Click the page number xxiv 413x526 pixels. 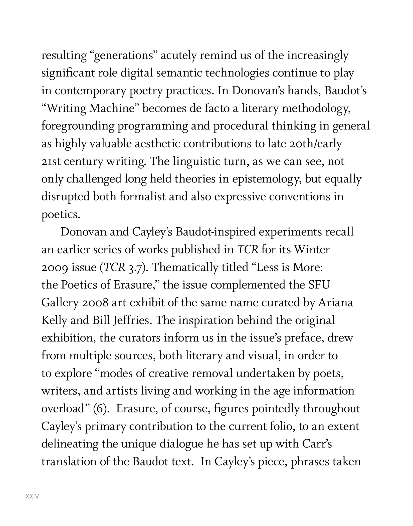coord(32,496)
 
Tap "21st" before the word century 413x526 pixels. coord(51,161)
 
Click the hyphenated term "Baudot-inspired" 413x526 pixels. coord(216,232)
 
